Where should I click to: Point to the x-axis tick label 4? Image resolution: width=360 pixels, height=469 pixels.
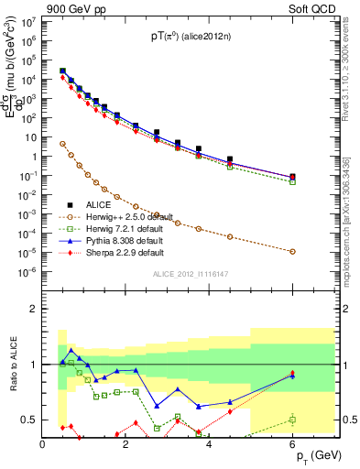click(x=210, y=444)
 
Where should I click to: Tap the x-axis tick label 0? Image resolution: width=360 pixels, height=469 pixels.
click(x=43, y=444)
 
